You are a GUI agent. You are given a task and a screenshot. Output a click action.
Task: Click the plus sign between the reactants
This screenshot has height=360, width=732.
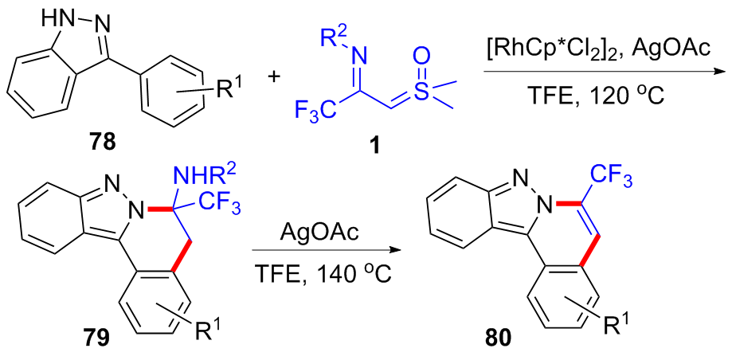pyautogui.click(x=275, y=77)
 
